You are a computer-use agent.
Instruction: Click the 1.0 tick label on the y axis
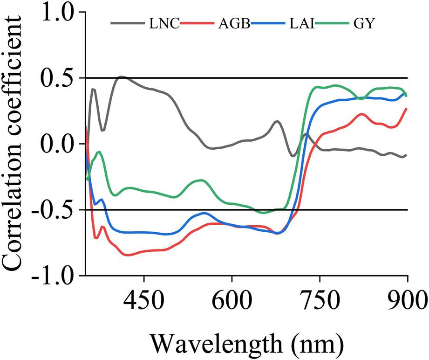(x=58, y=13)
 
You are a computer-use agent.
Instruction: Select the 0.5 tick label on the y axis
(x=58, y=78)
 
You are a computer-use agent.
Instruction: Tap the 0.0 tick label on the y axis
(x=58, y=144)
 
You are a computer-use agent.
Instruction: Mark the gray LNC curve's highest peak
(x=121, y=76)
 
